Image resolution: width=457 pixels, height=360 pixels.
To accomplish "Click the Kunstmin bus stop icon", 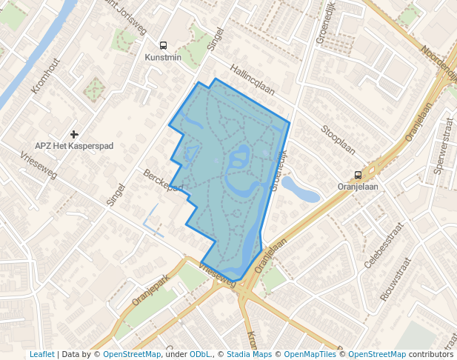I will point(163,45).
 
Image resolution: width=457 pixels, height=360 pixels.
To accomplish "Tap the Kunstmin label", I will point(163,57).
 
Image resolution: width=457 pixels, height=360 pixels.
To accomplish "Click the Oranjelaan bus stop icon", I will point(358,176).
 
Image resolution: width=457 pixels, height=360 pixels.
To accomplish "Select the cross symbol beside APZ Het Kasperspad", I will point(73,134).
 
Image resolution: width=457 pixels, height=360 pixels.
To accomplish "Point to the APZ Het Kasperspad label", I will point(74,146).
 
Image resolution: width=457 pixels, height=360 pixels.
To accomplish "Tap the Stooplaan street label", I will point(338,139).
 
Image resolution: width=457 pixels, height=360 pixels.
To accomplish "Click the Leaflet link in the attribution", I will point(41,355).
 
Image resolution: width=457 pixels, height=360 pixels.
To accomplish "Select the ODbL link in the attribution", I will point(199,355).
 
